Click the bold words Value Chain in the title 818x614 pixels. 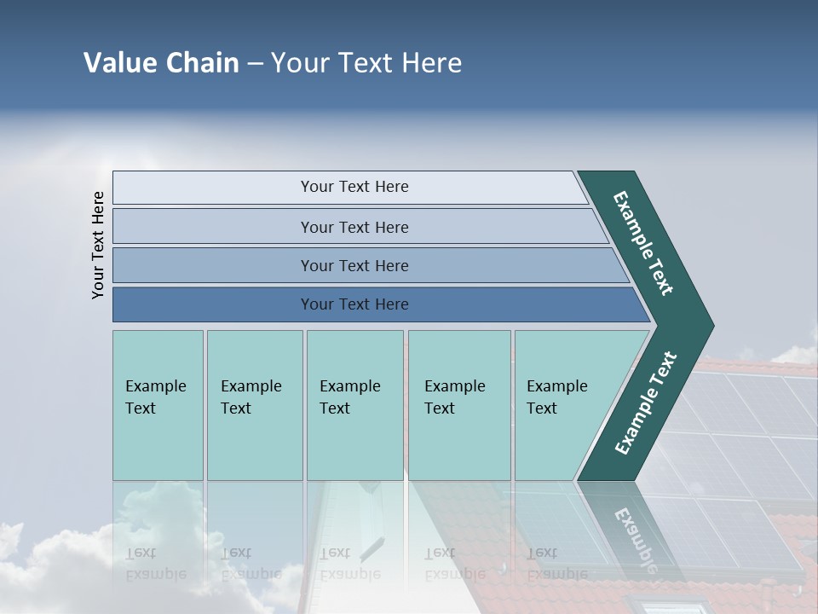click(161, 63)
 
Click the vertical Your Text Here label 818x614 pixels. click(98, 245)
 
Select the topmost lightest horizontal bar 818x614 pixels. click(354, 187)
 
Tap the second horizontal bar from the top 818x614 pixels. click(354, 227)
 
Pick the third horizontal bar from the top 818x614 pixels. click(354, 265)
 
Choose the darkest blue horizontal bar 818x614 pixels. click(354, 304)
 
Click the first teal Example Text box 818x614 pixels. click(158, 405)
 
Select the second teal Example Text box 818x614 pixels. click(254, 405)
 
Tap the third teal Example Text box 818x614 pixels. click(354, 405)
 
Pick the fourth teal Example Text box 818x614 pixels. click(458, 405)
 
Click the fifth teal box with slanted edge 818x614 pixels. click(562, 405)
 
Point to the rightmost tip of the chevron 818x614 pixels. click(711, 326)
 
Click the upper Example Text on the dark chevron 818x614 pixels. click(643, 243)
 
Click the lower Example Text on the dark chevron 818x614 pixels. click(645, 403)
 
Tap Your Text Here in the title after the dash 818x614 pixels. click(366, 63)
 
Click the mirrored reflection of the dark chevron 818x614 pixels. click(635, 529)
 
